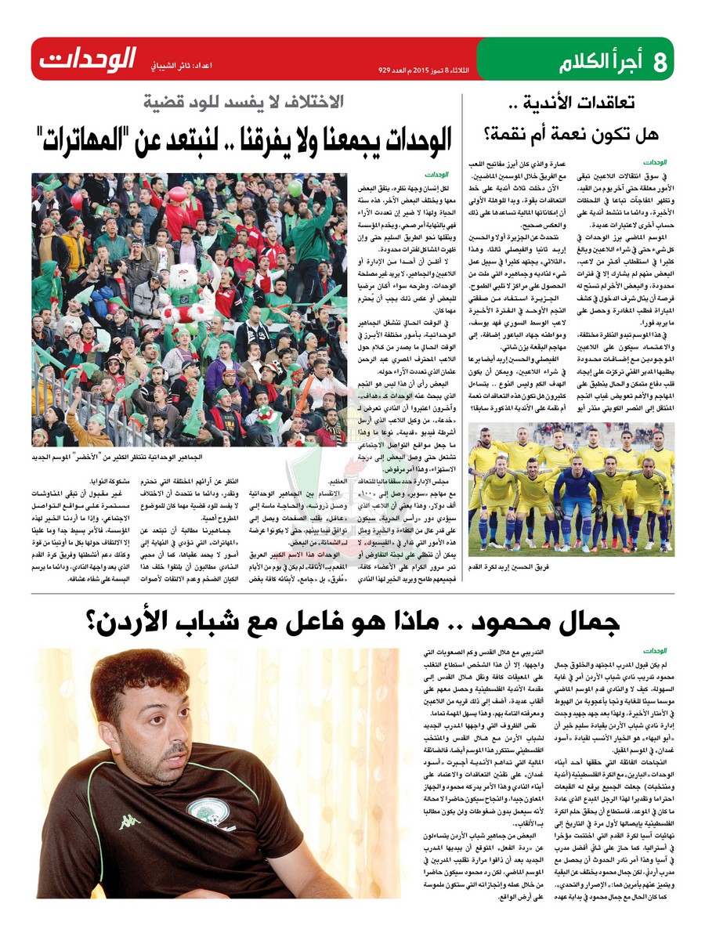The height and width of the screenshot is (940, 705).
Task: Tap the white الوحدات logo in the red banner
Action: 88,60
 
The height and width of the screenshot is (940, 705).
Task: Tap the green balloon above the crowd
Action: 295,189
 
